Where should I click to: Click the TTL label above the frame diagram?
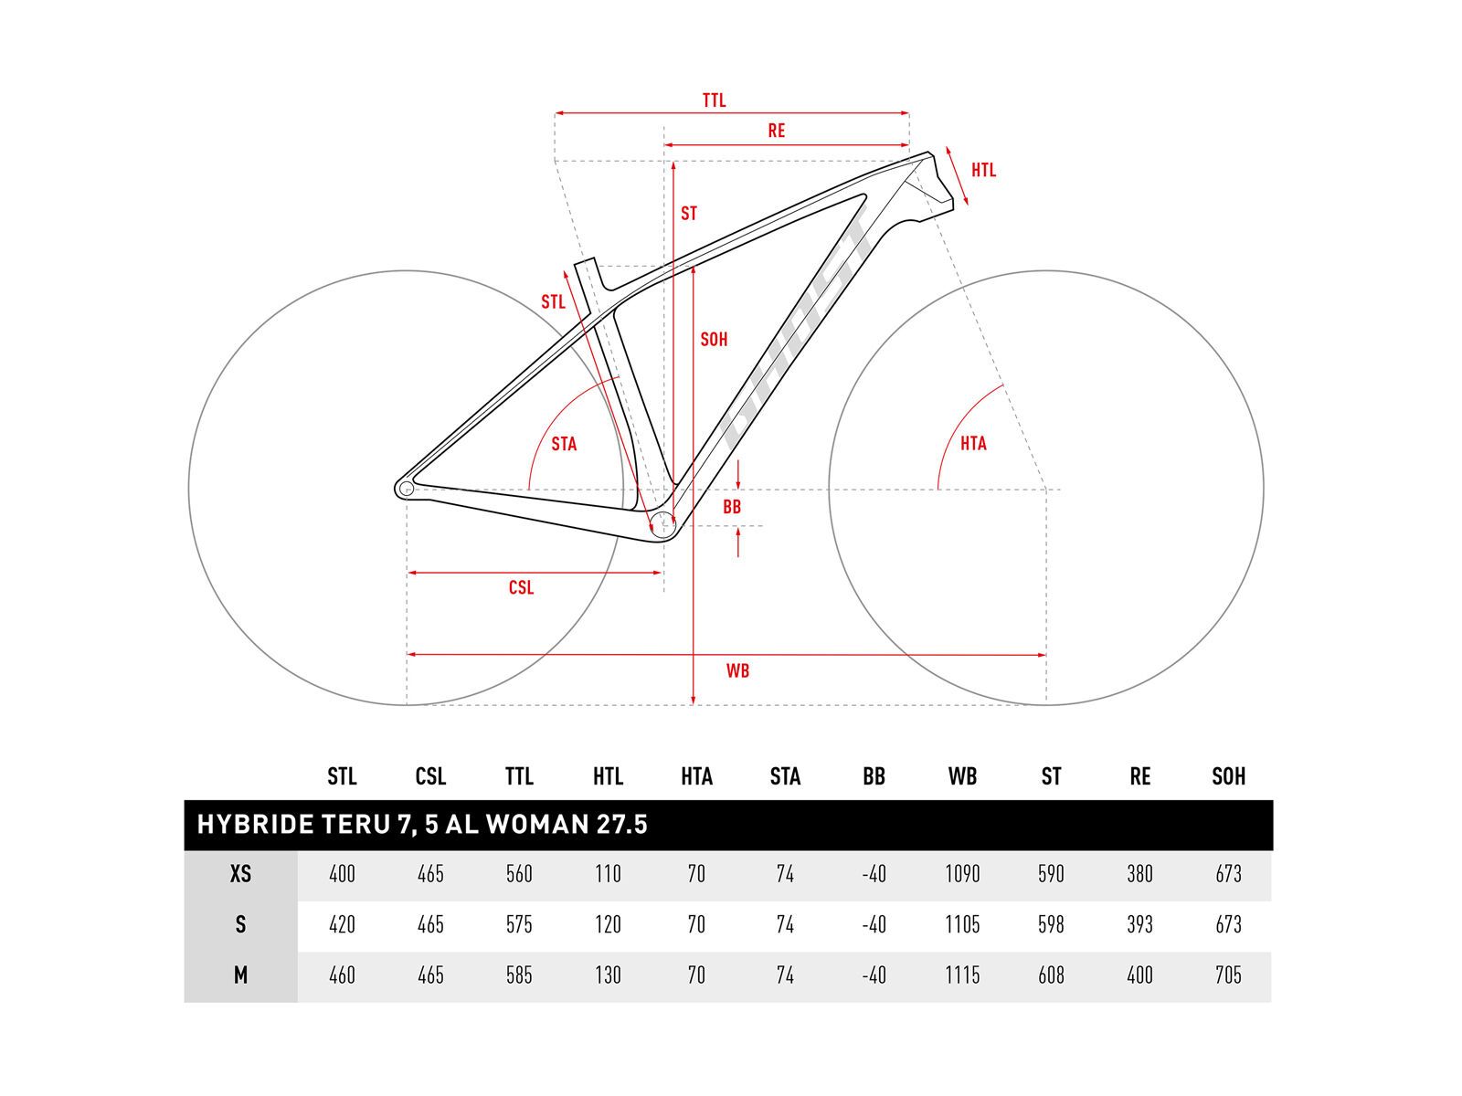click(x=714, y=100)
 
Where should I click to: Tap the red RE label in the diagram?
click(x=776, y=131)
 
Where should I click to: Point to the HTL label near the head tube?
click(x=983, y=170)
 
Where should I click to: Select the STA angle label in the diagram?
click(x=564, y=444)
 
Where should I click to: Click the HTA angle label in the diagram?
click(x=973, y=443)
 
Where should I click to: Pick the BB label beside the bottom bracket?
click(x=732, y=507)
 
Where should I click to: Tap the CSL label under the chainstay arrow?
click(x=521, y=587)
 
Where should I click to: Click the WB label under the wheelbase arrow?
click(x=737, y=671)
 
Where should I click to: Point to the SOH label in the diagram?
click(x=714, y=340)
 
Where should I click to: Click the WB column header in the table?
click(x=962, y=776)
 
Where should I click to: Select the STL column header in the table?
click(x=342, y=776)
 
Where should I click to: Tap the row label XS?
click(x=240, y=874)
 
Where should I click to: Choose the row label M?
click(x=240, y=975)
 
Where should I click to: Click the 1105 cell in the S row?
click(x=962, y=924)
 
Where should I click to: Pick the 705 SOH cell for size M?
click(x=1228, y=975)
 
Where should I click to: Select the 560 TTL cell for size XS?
click(x=519, y=874)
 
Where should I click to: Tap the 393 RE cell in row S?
click(x=1139, y=924)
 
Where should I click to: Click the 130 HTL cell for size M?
click(x=608, y=975)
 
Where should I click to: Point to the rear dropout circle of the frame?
click(x=407, y=489)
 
